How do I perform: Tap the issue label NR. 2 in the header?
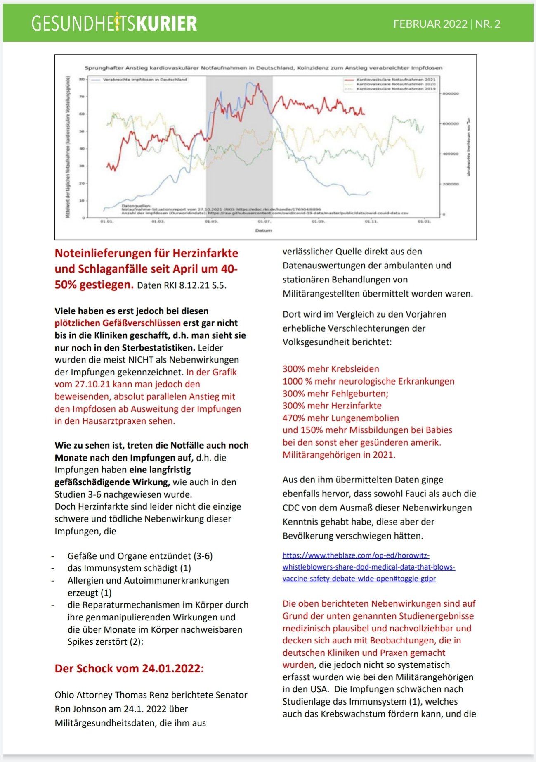pyautogui.click(x=488, y=24)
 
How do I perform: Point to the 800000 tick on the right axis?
pyautogui.click(x=450, y=94)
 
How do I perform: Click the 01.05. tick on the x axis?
pyautogui.click(x=211, y=222)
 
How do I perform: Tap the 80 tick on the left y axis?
pyautogui.click(x=82, y=79)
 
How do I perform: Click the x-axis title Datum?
pyautogui.click(x=263, y=230)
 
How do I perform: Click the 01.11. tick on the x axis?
pyautogui.click(x=371, y=222)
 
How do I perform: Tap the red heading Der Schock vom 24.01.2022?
pyautogui.click(x=129, y=668)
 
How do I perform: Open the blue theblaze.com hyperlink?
pyautogui.click(x=368, y=567)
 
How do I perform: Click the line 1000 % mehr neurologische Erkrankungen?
pyautogui.click(x=368, y=381)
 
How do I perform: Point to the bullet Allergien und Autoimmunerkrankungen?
pyautogui.click(x=148, y=580)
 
